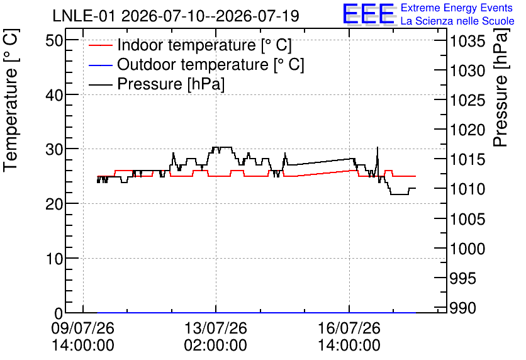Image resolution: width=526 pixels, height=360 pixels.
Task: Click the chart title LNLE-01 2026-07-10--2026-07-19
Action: pos(176,16)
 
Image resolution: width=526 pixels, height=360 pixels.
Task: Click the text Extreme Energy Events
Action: pos(457,8)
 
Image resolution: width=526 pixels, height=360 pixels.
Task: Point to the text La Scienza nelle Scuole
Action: pos(457,21)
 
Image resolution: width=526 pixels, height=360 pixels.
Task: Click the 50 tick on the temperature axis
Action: pos(54,41)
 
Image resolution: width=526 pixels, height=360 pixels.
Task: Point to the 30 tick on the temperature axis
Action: pos(54,149)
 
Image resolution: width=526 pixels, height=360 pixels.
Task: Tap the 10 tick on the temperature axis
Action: pos(54,259)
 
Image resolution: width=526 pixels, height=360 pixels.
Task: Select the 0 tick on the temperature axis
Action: pos(59,313)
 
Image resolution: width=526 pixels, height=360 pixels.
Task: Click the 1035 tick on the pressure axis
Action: pos(467,42)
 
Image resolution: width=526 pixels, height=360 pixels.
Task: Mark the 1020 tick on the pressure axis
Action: pos(467,130)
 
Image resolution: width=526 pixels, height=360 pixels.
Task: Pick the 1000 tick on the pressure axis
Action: pos(467,249)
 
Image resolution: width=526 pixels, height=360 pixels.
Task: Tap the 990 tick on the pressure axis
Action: pos(463,308)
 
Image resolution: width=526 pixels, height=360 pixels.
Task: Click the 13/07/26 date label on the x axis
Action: pos(216,328)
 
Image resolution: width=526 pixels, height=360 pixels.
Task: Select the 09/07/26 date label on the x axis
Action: pos(83,328)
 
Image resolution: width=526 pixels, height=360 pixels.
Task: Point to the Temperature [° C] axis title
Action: pos(11,101)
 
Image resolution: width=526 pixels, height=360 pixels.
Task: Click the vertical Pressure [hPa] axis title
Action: pos(501,87)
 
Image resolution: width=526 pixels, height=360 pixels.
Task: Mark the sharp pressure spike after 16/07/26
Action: pos(378,147)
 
